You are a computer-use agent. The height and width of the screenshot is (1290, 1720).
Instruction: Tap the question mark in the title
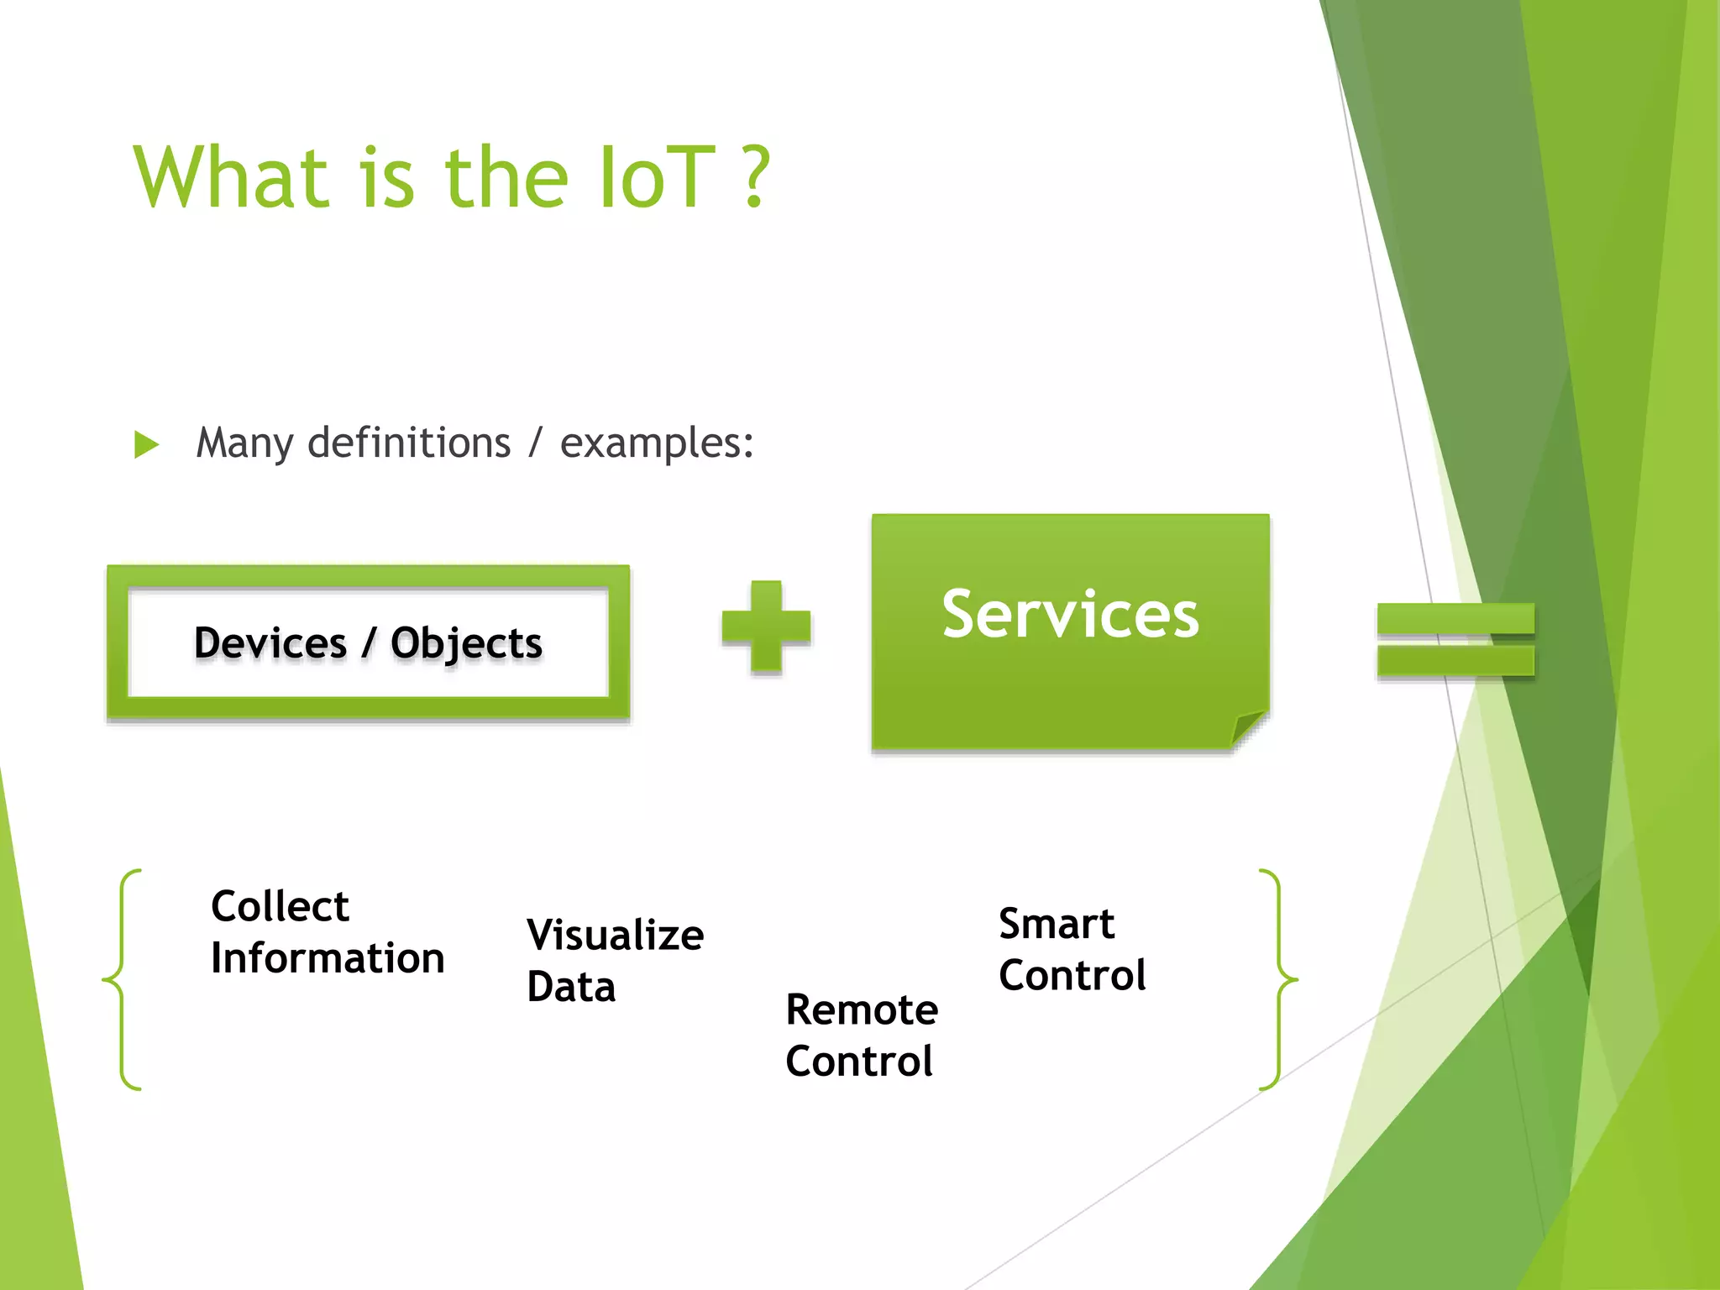[756, 177]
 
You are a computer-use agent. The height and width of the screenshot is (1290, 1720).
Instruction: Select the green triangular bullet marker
[146, 444]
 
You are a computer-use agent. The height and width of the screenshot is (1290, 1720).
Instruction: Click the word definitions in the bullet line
[409, 443]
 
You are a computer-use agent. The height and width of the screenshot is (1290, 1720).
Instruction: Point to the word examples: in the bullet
[657, 443]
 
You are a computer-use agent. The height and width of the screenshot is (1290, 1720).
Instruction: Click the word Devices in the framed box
[270, 643]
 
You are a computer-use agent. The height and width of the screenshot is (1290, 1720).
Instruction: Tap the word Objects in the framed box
[466, 643]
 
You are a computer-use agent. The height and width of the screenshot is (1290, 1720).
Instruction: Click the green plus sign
[766, 627]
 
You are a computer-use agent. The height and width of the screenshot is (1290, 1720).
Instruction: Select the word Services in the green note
[1070, 614]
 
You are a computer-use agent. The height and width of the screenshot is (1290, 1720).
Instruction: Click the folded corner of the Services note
[1248, 726]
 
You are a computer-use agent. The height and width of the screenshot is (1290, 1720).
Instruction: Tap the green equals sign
[1455, 640]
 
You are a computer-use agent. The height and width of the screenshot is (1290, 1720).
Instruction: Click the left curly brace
[122, 979]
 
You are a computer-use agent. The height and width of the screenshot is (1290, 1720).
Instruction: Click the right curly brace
[1278, 979]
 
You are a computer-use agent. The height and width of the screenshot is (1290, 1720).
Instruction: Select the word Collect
[280, 906]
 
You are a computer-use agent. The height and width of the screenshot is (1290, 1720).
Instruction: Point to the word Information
[328, 958]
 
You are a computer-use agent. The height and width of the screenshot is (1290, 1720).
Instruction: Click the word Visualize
[615, 935]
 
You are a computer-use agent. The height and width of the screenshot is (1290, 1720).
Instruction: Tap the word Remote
[862, 1009]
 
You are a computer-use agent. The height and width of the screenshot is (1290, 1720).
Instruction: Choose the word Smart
[1056, 924]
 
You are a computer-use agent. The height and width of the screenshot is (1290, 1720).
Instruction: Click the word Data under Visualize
[571, 987]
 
